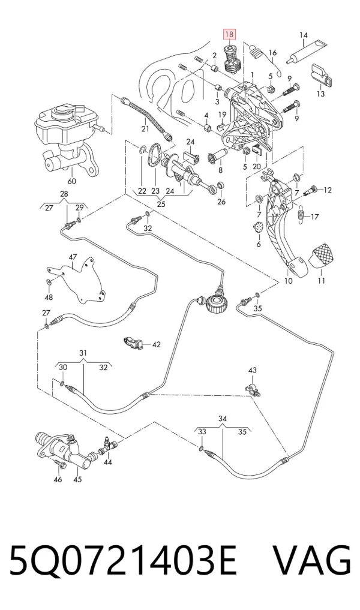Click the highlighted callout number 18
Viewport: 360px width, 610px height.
coord(229,35)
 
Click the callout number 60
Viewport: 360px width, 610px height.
coord(72,181)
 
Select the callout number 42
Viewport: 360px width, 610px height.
coord(156,345)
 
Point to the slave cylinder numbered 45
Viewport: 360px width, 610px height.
coord(64,449)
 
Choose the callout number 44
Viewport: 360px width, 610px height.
coord(108,462)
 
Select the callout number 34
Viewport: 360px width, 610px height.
coord(222,419)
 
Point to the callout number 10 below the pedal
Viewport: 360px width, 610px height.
coord(289,281)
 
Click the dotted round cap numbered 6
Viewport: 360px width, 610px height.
coord(258,227)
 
